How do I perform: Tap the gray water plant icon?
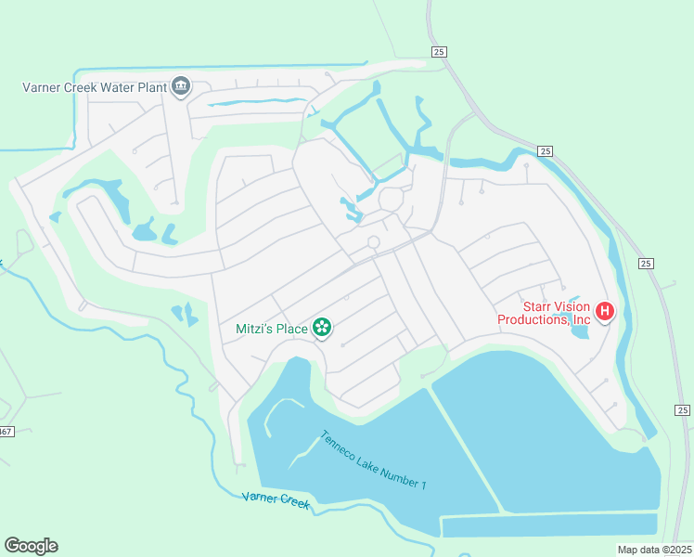tap(180, 88)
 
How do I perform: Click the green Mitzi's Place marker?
tap(322, 327)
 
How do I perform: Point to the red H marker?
tap(605, 311)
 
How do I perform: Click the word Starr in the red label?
tap(539, 305)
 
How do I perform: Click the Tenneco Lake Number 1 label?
tap(373, 460)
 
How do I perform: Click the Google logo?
tap(31, 546)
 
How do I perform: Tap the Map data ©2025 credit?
tap(653, 550)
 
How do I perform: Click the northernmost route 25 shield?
tap(439, 52)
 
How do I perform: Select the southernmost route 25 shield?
tap(682, 410)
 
